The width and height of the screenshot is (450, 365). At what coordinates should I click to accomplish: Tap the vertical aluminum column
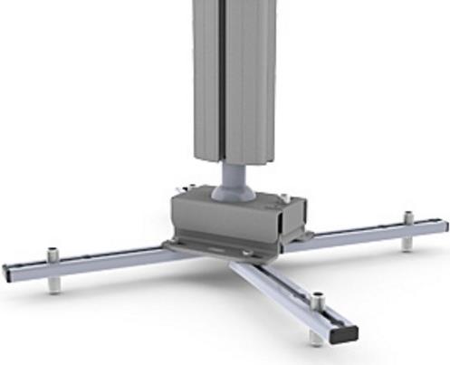tap(244, 82)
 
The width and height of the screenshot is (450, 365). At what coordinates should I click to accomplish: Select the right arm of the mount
tap(371, 233)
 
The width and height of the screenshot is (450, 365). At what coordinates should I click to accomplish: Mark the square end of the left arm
tap(8, 273)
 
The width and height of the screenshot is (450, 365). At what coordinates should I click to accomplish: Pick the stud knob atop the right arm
tap(408, 217)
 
